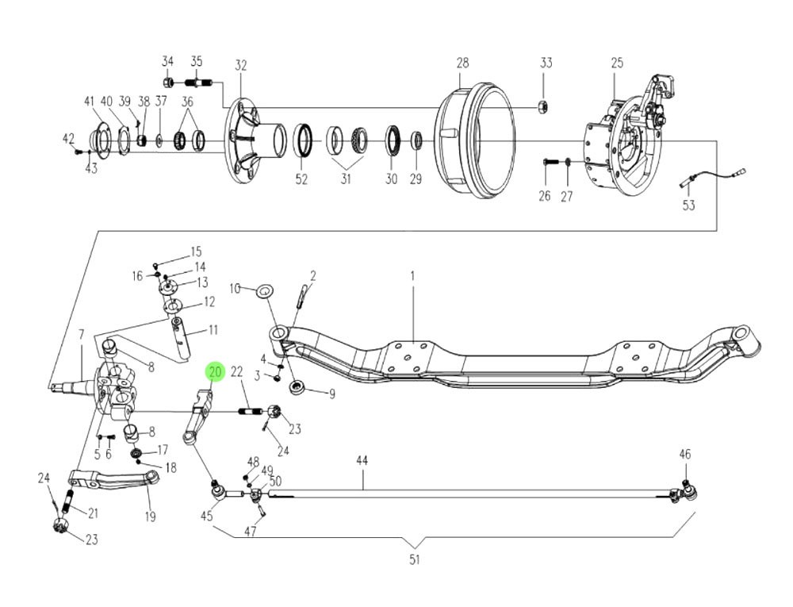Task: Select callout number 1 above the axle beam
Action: tap(412, 275)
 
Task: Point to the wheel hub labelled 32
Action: tap(252, 142)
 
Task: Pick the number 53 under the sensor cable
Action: tap(688, 206)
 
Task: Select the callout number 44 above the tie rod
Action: tap(362, 461)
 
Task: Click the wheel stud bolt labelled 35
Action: tap(197, 82)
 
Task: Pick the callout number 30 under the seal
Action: tap(391, 180)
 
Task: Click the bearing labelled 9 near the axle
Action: tap(298, 388)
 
